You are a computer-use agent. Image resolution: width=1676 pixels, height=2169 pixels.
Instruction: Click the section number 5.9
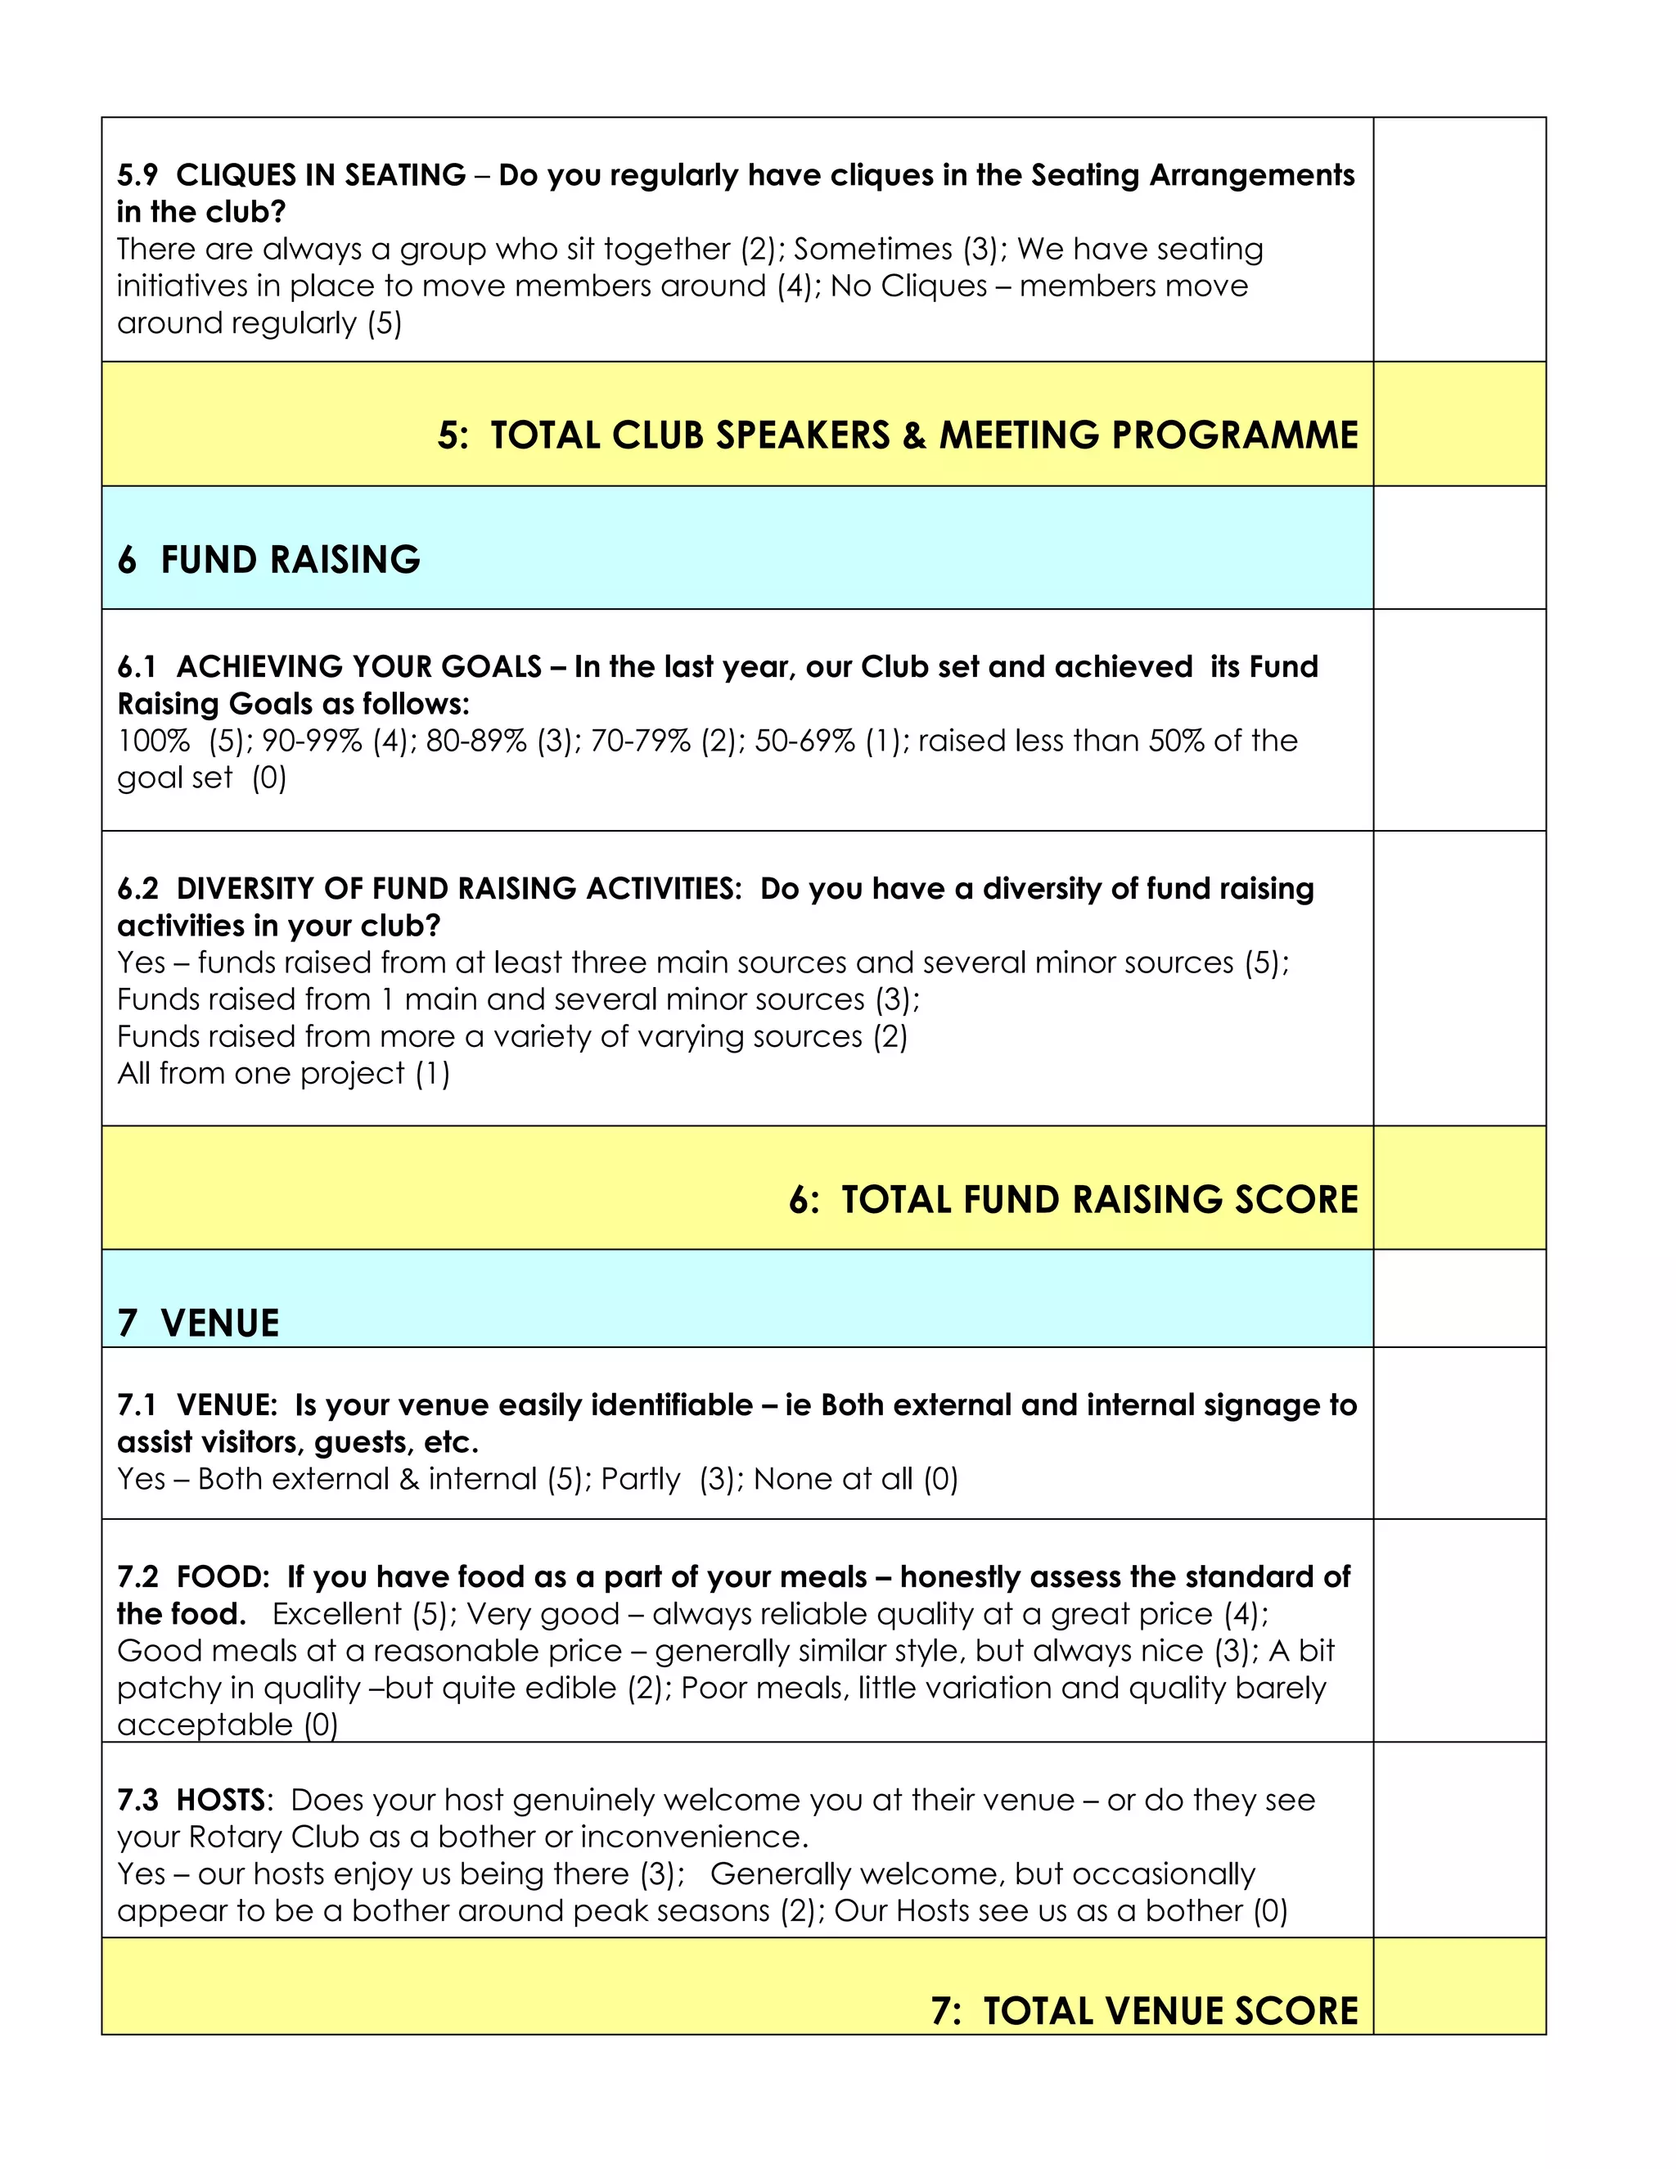pos(137,176)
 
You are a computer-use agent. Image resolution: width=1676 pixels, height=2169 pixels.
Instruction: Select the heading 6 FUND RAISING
pos(269,560)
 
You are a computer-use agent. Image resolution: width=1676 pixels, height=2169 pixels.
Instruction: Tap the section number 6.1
pos(137,666)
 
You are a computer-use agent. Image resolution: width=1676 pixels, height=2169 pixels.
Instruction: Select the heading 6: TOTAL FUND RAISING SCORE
pos(1074,1200)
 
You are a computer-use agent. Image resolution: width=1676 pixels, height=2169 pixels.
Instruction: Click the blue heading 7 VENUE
pos(199,1323)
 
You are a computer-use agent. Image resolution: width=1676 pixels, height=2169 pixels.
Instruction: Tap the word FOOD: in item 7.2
pos(223,1577)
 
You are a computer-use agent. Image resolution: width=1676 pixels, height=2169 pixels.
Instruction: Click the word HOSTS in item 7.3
pos(220,1801)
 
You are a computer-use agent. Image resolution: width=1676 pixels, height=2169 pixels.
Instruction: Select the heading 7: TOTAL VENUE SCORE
pos(1144,2011)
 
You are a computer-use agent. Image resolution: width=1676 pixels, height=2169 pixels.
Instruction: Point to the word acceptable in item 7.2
pos(205,1725)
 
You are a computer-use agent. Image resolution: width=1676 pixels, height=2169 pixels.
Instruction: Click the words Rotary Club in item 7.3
pos(273,1838)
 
